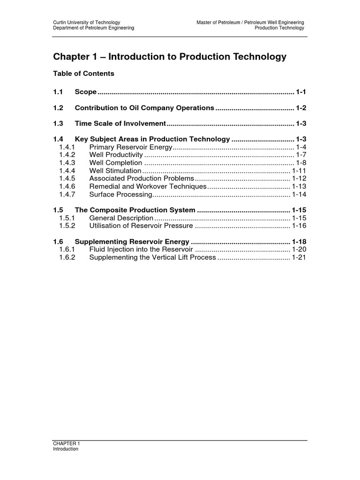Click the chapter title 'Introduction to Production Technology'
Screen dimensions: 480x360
pos(169,57)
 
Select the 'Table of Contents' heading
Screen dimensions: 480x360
pos(83,74)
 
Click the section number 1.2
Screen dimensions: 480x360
pos(58,108)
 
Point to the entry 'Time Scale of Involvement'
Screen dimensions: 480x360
pos(120,124)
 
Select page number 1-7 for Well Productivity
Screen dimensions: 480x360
pos(300,155)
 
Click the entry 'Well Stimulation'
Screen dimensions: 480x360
pos(115,171)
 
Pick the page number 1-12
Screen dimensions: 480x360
pos(299,179)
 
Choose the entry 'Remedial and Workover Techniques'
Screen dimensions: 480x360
pos(148,187)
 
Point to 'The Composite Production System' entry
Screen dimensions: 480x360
pos(135,210)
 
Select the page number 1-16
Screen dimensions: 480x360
pos(299,226)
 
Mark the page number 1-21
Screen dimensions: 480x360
pos(299,257)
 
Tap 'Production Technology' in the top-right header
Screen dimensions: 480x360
pos(279,28)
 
